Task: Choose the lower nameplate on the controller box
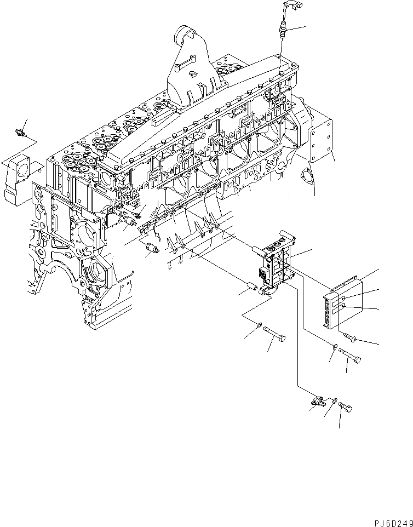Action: point(342,313)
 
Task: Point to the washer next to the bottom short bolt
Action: point(335,403)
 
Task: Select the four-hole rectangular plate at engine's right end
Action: point(323,139)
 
